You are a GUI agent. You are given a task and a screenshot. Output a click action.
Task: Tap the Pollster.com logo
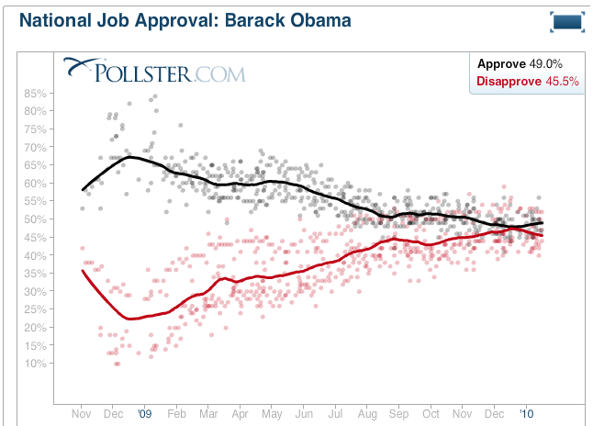pyautogui.click(x=154, y=70)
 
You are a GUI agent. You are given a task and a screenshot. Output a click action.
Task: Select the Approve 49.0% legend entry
pyautogui.click(x=520, y=63)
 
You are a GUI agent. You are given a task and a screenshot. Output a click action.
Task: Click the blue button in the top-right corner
pyautogui.click(x=566, y=22)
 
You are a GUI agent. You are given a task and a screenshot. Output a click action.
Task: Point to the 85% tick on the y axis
pyautogui.click(x=35, y=93)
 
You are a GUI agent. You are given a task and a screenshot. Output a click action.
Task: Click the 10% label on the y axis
pyautogui.click(x=35, y=364)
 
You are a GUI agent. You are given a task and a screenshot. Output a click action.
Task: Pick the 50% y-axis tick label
pyautogui.click(x=35, y=219)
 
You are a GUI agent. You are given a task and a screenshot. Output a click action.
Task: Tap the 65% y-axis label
pyautogui.click(x=35, y=165)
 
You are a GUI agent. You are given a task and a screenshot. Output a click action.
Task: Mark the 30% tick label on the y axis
pyautogui.click(x=35, y=291)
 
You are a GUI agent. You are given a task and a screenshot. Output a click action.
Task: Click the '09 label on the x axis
pyautogui.click(x=144, y=414)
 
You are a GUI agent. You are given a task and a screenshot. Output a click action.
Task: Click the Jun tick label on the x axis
pyautogui.click(x=302, y=414)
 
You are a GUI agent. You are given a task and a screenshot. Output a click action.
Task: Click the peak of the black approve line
pyautogui.click(x=129, y=157)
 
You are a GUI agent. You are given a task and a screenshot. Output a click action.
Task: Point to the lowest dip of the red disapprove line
pyautogui.click(x=131, y=319)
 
